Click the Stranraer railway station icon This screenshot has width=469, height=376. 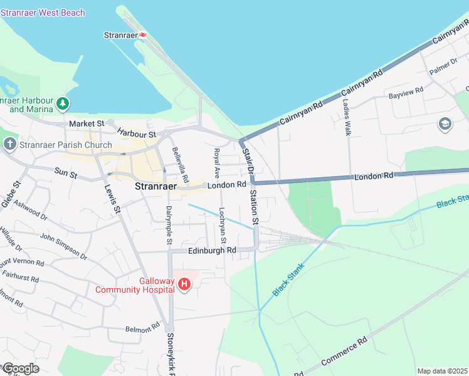[x=143, y=35]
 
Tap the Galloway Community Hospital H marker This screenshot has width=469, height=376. [x=184, y=285]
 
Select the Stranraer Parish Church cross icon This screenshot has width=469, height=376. [x=9, y=145]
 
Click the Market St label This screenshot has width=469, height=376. [x=87, y=124]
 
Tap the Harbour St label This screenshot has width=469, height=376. [x=136, y=133]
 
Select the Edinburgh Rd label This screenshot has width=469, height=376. [x=212, y=251]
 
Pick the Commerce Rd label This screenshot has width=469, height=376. [x=344, y=353]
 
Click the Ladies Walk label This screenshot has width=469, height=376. [x=347, y=117]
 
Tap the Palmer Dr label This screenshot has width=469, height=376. [x=444, y=67]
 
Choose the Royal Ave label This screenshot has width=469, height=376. [x=217, y=162]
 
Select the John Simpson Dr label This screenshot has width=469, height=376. [x=63, y=245]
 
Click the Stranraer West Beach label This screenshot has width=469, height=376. [x=43, y=13]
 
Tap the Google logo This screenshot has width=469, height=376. [x=20, y=368]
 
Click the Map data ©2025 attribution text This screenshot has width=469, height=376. [x=442, y=371]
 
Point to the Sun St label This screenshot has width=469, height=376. [x=66, y=172]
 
